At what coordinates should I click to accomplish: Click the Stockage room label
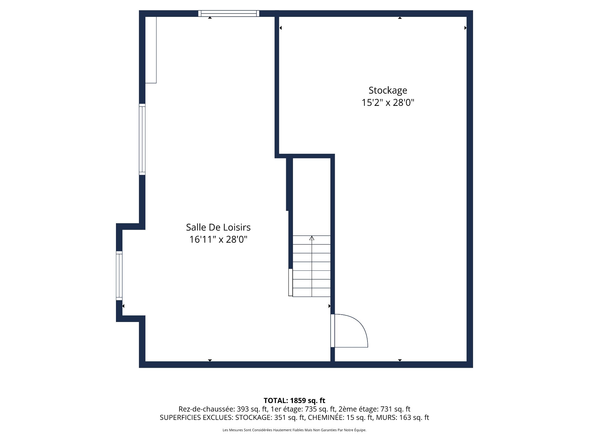(x=388, y=90)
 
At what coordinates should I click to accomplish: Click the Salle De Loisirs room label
(x=218, y=227)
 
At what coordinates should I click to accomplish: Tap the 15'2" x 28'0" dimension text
(x=388, y=103)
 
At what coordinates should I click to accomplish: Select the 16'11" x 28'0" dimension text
(x=218, y=239)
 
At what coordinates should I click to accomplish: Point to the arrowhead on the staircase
(x=312, y=238)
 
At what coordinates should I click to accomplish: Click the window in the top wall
(x=229, y=13)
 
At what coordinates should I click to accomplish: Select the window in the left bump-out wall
(x=119, y=275)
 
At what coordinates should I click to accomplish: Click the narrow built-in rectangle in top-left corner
(x=151, y=50)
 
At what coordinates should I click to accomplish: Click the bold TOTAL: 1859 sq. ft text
(x=294, y=401)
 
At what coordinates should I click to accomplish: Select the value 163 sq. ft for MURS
(x=414, y=417)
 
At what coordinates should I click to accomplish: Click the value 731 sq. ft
(x=395, y=409)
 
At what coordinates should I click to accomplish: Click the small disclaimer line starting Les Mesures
(x=294, y=430)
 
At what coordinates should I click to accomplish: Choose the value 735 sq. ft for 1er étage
(x=320, y=409)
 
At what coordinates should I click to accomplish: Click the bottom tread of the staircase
(x=312, y=293)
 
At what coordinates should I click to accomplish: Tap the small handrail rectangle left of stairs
(x=291, y=282)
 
